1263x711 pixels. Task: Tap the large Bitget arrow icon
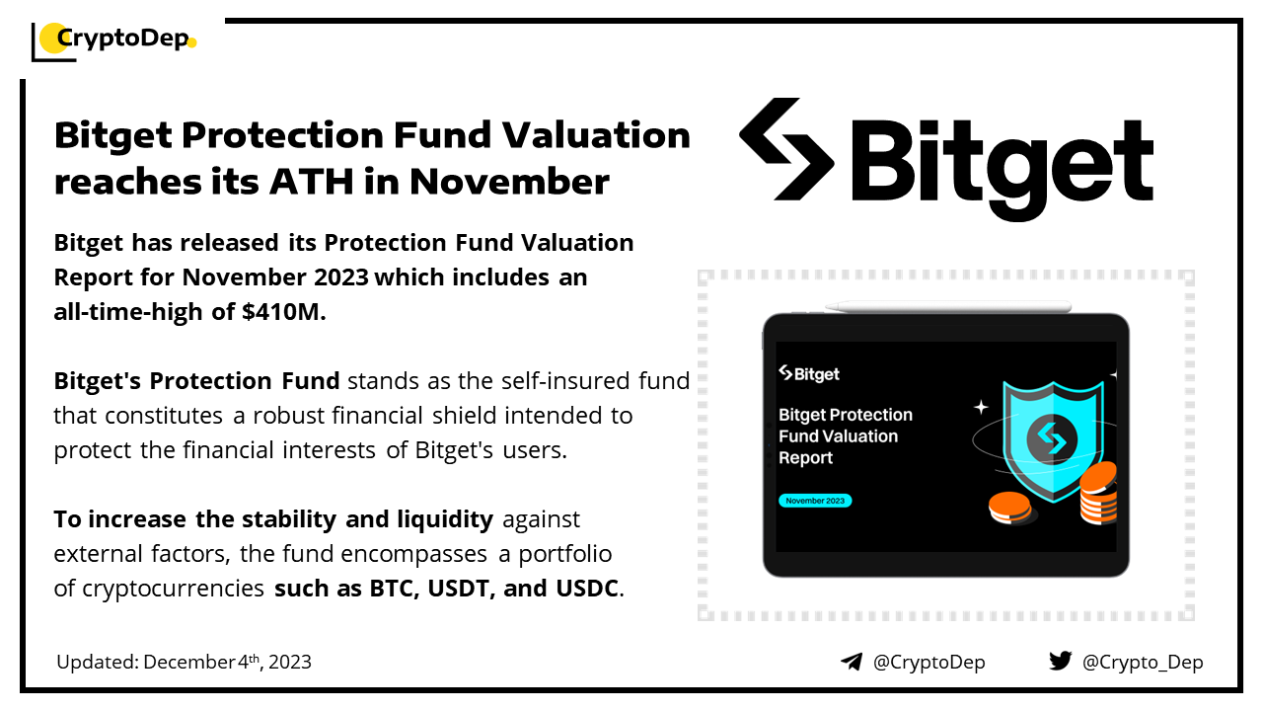(x=786, y=149)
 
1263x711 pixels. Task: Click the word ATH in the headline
(x=311, y=183)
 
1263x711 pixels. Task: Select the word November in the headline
(x=509, y=183)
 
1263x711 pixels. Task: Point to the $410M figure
(x=283, y=311)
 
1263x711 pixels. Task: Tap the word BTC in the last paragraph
(x=394, y=589)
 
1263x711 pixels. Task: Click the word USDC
(x=587, y=589)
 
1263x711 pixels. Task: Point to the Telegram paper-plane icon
(x=852, y=662)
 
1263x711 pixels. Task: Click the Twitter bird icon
(x=1060, y=661)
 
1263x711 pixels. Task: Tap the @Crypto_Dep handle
(x=1143, y=662)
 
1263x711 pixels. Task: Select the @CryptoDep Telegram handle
(x=929, y=662)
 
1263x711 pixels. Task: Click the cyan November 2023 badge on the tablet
(x=815, y=501)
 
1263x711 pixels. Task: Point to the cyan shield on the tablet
(x=1052, y=441)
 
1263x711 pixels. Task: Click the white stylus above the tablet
(x=948, y=306)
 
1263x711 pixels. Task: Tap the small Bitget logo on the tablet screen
(x=808, y=373)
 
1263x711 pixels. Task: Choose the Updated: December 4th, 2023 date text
(x=184, y=662)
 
